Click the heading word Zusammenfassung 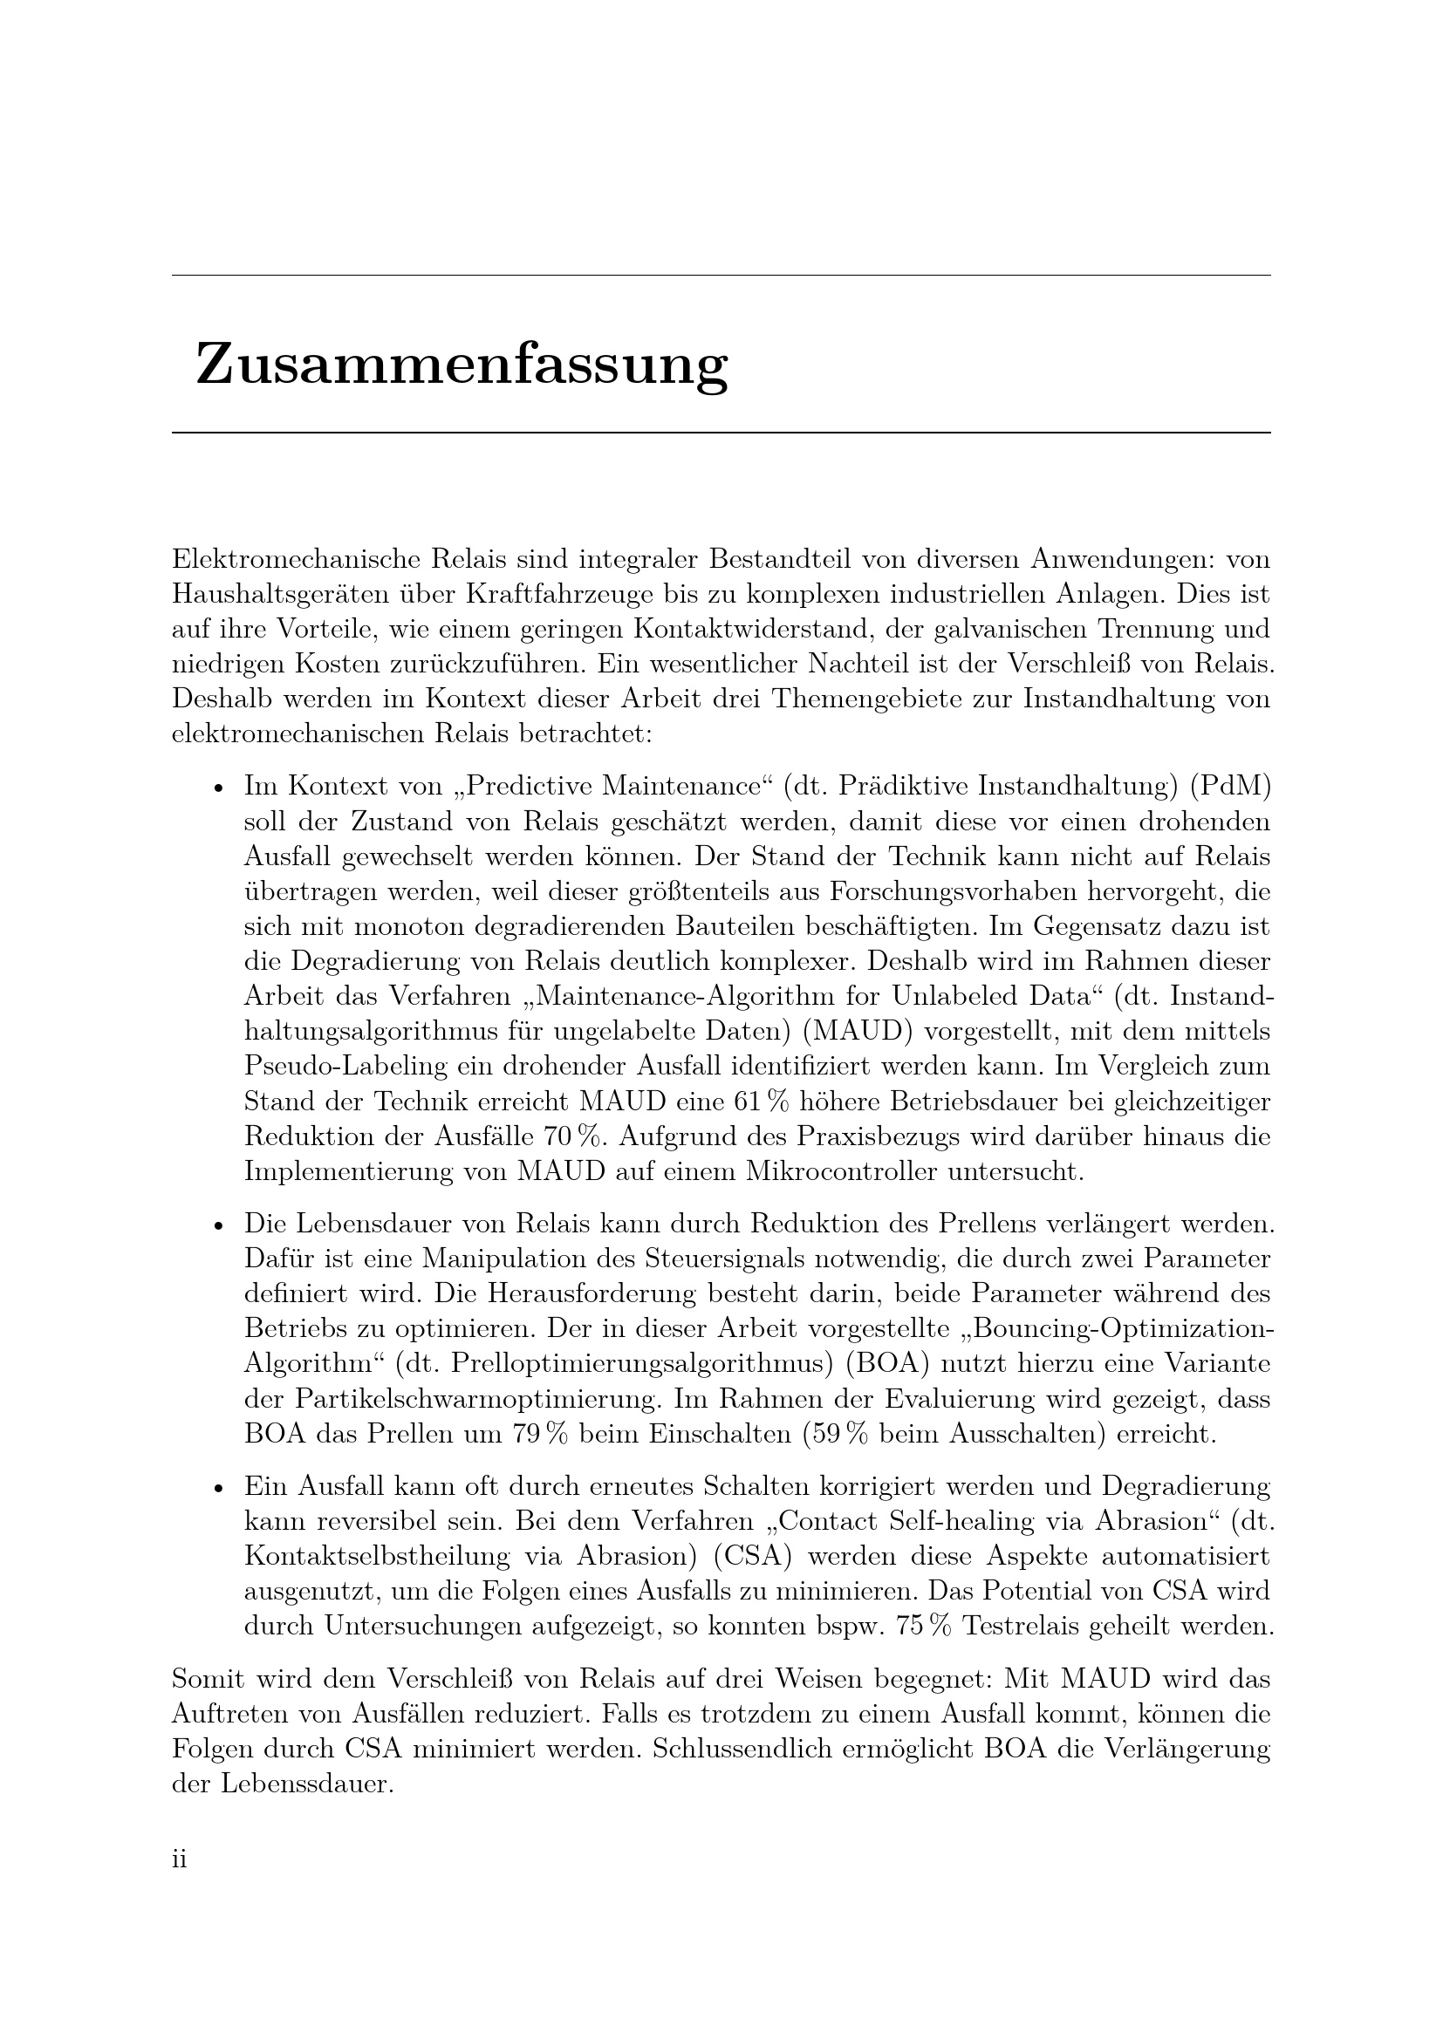(x=462, y=365)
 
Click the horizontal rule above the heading (x=721, y=276)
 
